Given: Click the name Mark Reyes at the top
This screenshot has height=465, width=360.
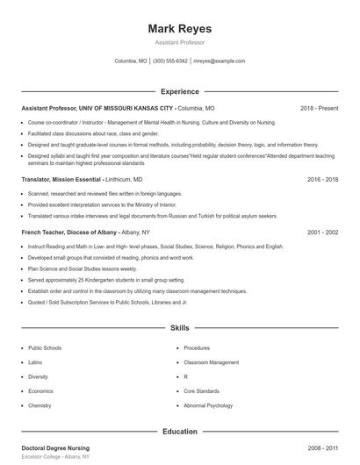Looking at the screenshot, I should (x=179, y=29).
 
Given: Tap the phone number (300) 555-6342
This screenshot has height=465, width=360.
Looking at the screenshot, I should (x=170, y=61).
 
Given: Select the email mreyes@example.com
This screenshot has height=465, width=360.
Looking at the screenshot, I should (x=220, y=61).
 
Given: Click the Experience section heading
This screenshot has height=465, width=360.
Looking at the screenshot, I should (x=179, y=91).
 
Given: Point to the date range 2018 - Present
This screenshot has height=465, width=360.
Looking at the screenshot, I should (x=319, y=108).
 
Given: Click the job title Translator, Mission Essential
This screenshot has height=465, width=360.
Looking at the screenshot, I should (x=61, y=179).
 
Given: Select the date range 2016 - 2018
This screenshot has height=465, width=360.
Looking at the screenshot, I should (x=322, y=179).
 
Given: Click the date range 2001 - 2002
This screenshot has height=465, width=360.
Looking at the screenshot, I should (x=322, y=232).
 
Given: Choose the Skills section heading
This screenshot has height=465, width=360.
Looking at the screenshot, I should (x=179, y=328).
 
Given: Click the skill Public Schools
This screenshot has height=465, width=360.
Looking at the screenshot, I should (x=45, y=348).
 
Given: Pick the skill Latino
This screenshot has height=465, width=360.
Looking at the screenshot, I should (x=35, y=362).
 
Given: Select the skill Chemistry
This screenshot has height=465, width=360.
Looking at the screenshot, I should (x=40, y=406).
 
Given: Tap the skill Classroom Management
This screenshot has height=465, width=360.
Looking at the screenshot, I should (x=211, y=362).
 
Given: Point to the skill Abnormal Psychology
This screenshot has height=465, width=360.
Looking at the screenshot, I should (x=208, y=406).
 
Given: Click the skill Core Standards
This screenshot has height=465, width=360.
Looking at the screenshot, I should (x=202, y=391).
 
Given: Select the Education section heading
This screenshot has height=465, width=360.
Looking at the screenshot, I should (x=179, y=432).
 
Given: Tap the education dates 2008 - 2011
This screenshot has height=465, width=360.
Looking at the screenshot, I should (x=322, y=448).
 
